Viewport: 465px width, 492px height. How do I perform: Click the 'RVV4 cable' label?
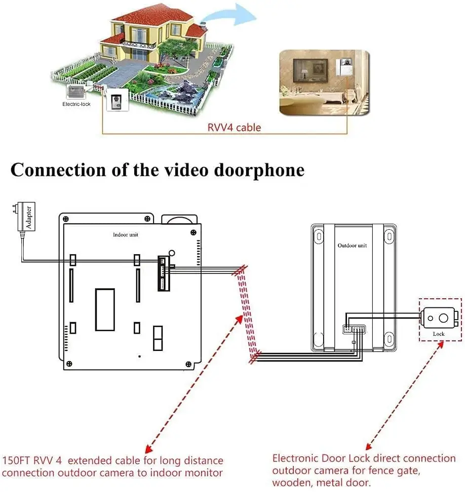click(234, 127)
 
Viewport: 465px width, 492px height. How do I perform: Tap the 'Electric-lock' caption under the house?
click(76, 104)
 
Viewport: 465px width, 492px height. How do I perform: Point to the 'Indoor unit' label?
click(125, 235)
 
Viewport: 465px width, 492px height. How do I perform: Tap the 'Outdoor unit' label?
click(352, 245)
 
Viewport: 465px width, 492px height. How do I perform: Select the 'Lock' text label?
click(439, 334)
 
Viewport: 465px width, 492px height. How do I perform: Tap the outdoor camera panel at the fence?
click(118, 100)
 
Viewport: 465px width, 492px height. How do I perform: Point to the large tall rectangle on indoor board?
click(105, 310)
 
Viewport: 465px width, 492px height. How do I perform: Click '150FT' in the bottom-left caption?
click(16, 461)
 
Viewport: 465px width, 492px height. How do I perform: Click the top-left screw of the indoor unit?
click(66, 219)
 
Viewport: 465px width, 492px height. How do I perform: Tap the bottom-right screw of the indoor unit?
click(188, 364)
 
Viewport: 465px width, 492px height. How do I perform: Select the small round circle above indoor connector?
click(172, 253)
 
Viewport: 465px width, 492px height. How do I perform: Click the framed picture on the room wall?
click(310, 71)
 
